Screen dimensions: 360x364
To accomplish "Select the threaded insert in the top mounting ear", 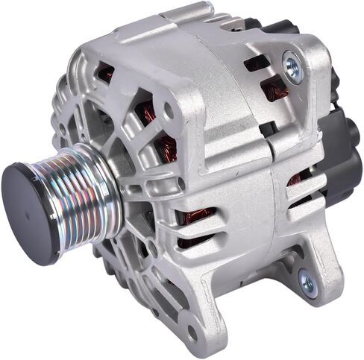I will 292,66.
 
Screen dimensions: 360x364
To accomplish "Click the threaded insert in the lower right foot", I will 307,282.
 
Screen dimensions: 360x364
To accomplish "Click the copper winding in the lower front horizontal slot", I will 199,218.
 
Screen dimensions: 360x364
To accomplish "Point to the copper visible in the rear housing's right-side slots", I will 299,179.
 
